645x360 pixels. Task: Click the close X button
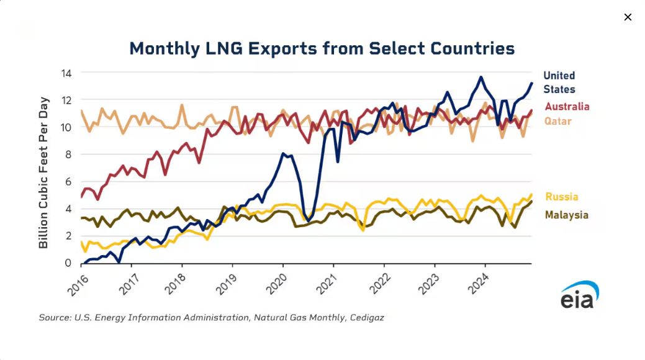(x=628, y=17)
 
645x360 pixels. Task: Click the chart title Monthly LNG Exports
(x=322, y=48)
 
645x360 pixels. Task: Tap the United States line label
(x=559, y=83)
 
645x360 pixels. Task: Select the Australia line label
(x=567, y=107)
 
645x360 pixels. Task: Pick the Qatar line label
(x=557, y=121)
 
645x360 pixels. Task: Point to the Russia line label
(x=561, y=197)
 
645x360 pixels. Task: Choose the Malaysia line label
(x=566, y=215)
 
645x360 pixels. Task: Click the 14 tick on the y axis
(x=66, y=73)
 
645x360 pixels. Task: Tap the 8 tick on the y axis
(x=68, y=155)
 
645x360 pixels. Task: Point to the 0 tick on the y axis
(x=68, y=263)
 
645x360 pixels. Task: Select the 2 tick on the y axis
(x=68, y=236)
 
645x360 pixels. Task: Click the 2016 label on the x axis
(x=78, y=285)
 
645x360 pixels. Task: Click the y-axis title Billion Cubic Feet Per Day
(x=43, y=173)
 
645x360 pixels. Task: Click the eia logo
(x=580, y=295)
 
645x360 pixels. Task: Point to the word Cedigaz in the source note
(x=366, y=318)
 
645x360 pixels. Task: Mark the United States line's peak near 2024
(x=480, y=77)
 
